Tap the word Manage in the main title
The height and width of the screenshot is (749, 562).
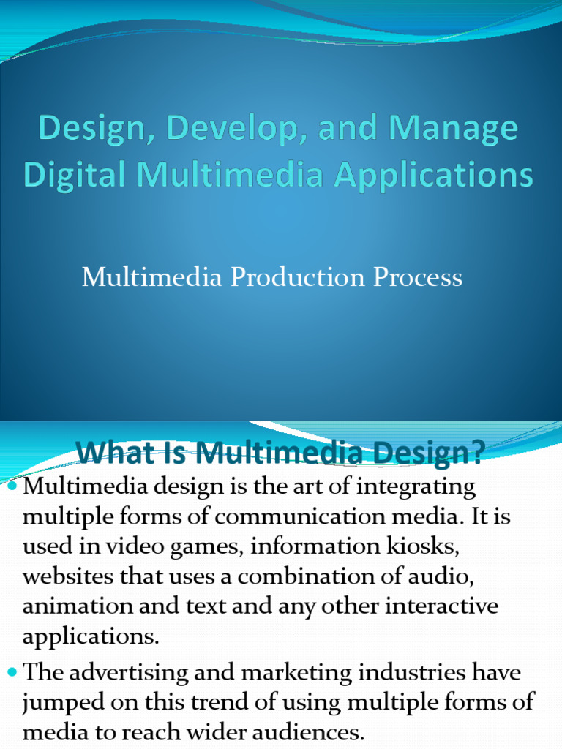point(453,129)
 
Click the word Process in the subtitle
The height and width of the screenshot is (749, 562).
point(418,277)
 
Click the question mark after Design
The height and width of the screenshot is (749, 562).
point(477,452)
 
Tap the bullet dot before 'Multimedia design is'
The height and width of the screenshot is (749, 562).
point(13,486)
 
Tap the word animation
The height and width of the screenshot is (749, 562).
point(78,606)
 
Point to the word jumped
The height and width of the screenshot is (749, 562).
point(63,703)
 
